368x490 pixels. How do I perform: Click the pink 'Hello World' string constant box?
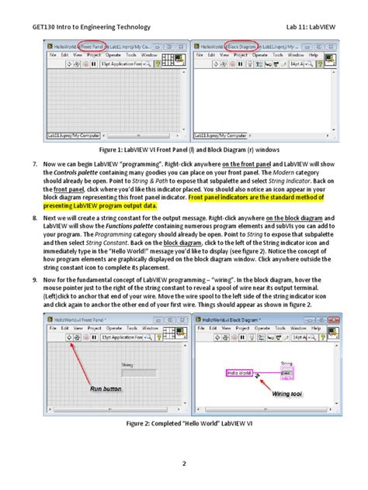(239, 372)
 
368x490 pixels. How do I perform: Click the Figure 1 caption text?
(184, 148)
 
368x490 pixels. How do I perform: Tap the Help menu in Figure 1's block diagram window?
(314, 56)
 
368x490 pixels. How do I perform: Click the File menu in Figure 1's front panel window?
(53, 56)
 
